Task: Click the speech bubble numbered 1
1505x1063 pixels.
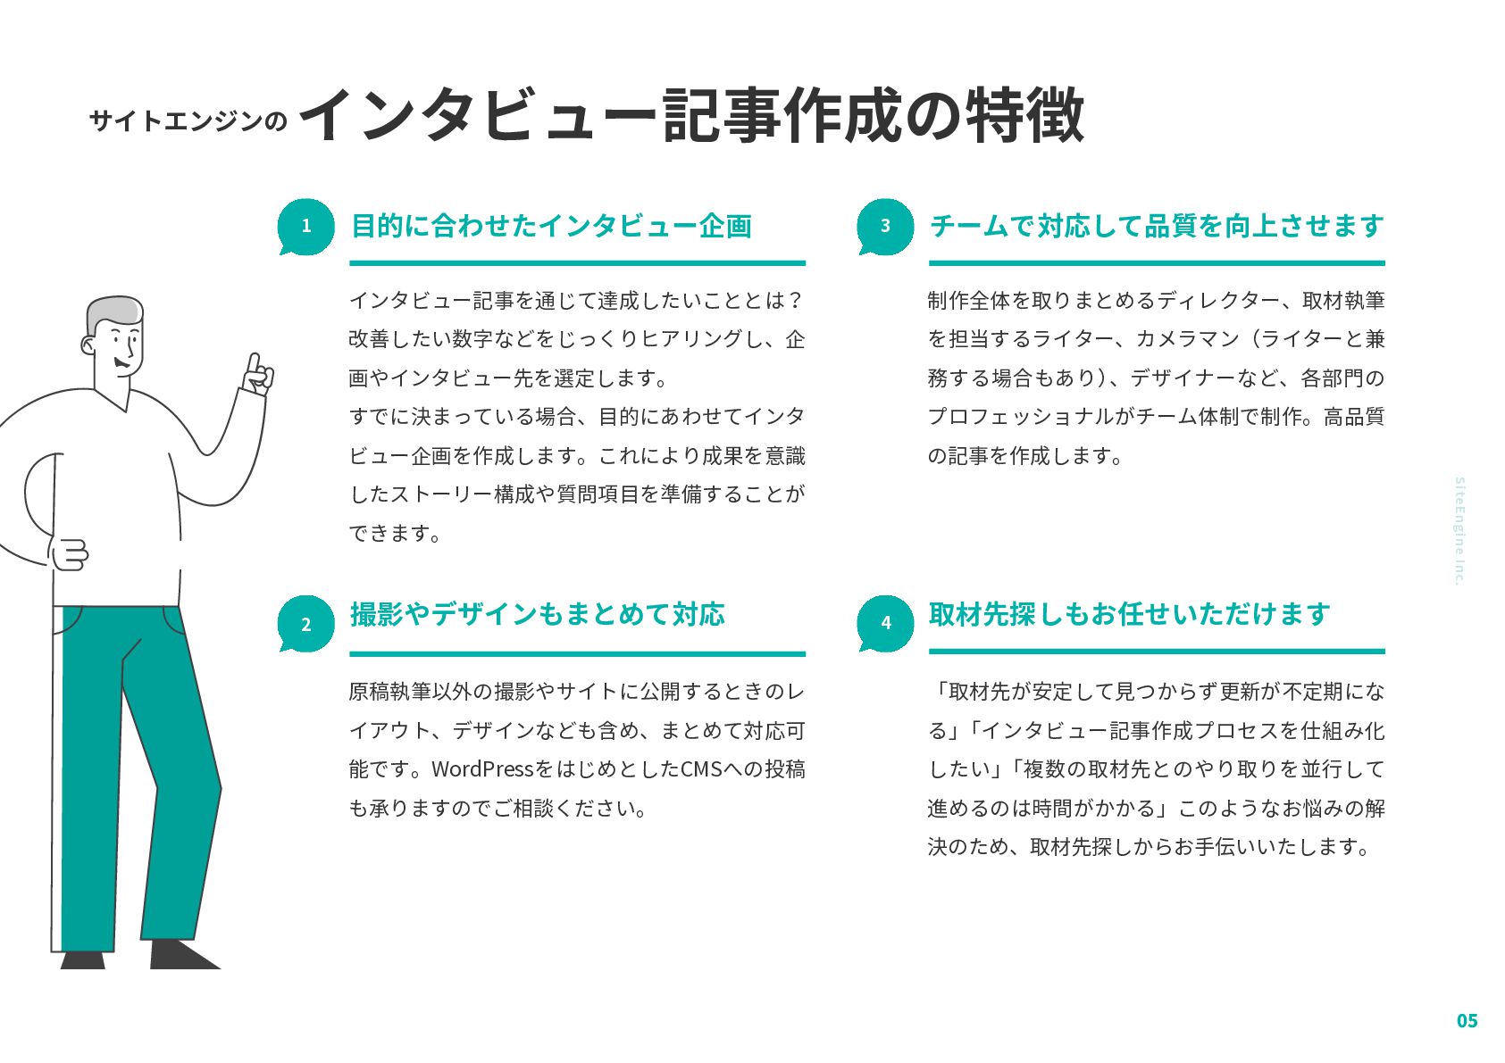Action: (x=305, y=227)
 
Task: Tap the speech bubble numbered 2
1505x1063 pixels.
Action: (x=305, y=624)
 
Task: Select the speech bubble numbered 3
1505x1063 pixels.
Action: (x=885, y=227)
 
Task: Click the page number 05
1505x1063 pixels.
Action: (x=1467, y=1021)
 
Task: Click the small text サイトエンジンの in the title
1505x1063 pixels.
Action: (x=188, y=120)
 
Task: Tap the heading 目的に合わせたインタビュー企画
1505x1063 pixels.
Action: (x=551, y=226)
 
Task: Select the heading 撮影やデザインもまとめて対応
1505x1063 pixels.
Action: (x=538, y=614)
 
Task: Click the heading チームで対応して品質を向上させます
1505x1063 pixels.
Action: (x=1157, y=226)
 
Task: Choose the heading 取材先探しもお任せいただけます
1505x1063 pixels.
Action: (x=1130, y=614)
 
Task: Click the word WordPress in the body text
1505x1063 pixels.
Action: (x=482, y=768)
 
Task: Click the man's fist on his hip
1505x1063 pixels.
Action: (x=68, y=554)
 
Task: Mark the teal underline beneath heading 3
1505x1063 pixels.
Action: (x=1157, y=263)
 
